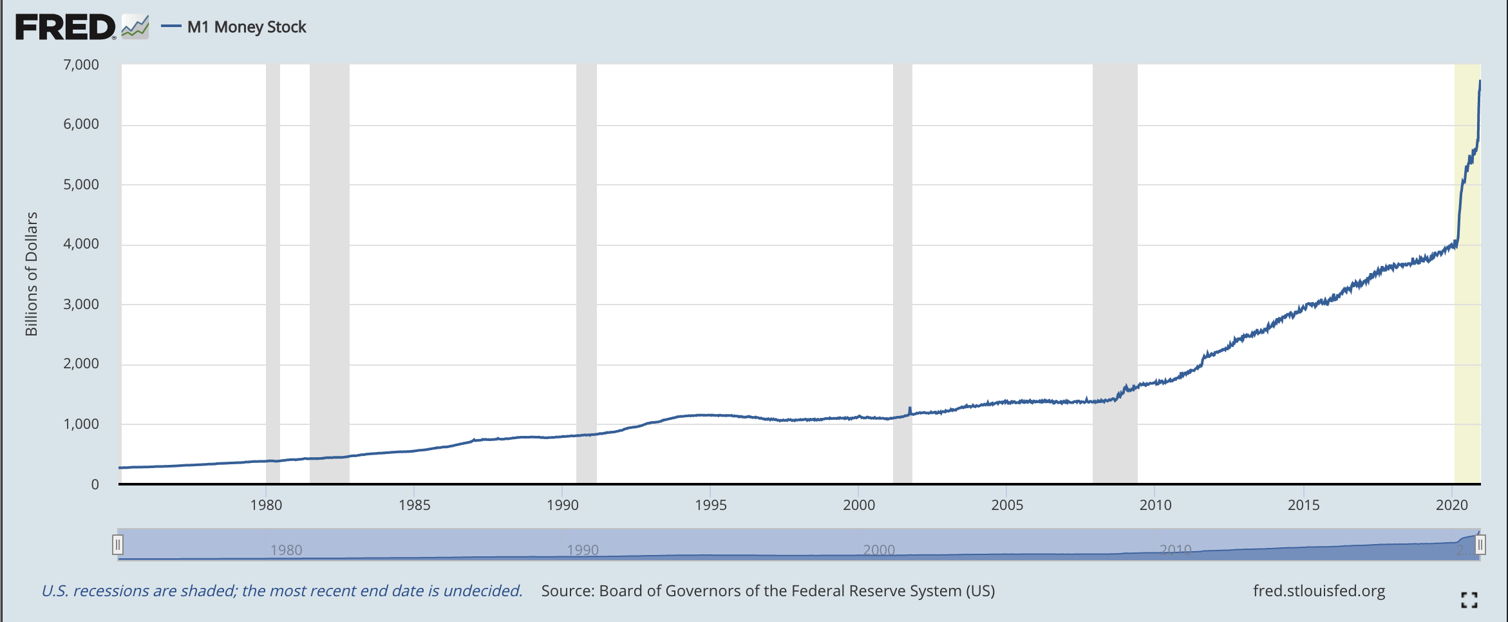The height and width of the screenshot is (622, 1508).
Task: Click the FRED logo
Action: click(x=65, y=27)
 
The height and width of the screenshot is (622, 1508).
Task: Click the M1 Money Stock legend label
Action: click(x=247, y=27)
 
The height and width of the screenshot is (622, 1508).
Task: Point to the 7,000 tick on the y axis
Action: click(x=81, y=64)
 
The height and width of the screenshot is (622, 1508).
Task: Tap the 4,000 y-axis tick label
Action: click(x=81, y=243)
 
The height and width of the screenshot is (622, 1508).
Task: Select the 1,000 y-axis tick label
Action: click(x=81, y=424)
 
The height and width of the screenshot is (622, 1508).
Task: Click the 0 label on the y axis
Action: click(x=95, y=484)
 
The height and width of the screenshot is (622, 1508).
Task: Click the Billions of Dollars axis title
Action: click(x=32, y=274)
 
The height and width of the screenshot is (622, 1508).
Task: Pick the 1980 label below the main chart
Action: click(x=266, y=505)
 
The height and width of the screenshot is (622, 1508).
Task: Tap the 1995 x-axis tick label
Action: click(x=710, y=505)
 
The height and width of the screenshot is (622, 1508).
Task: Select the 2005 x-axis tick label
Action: click(x=1007, y=505)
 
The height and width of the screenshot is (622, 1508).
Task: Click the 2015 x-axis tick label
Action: click(x=1303, y=505)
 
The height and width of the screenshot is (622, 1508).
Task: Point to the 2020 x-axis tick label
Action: click(x=1451, y=505)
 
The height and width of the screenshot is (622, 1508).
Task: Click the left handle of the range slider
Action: click(x=118, y=545)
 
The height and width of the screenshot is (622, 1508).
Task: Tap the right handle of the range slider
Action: click(x=1480, y=545)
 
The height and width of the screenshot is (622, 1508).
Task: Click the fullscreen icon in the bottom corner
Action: click(x=1469, y=600)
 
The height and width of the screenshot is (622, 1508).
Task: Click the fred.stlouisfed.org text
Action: click(x=1319, y=591)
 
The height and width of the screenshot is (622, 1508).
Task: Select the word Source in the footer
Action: click(x=567, y=591)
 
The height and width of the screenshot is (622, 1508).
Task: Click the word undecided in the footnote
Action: click(x=482, y=591)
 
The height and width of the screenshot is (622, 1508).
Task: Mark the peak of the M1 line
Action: click(x=1480, y=81)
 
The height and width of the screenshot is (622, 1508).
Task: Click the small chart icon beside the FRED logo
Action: click(x=135, y=27)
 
